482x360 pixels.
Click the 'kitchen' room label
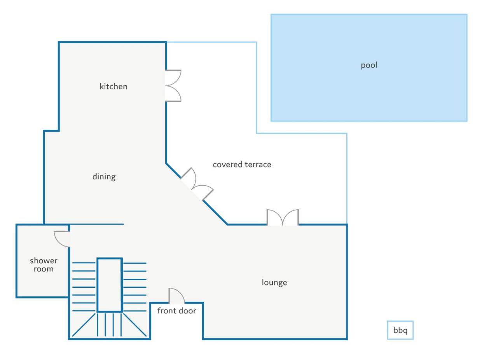[x=113, y=86]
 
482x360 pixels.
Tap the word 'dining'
[x=104, y=177]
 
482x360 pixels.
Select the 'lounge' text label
[x=274, y=282]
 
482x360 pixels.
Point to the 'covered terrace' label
[x=242, y=165]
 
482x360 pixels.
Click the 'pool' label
[x=369, y=65]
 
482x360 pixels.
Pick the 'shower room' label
[x=44, y=265]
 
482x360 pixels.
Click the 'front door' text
[x=176, y=311]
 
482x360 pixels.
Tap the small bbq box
[x=400, y=330]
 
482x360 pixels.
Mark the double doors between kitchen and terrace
[x=173, y=86]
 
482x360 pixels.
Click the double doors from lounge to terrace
[x=283, y=217]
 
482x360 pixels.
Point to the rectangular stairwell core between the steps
[x=110, y=285]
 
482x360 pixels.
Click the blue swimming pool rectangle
[x=369, y=68]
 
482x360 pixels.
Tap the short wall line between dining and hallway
[x=97, y=224]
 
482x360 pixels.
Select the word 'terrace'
[x=258, y=165]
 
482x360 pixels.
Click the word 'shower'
[x=44, y=261]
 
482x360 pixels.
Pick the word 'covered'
[x=227, y=165]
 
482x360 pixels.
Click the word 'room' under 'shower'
[x=44, y=269]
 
